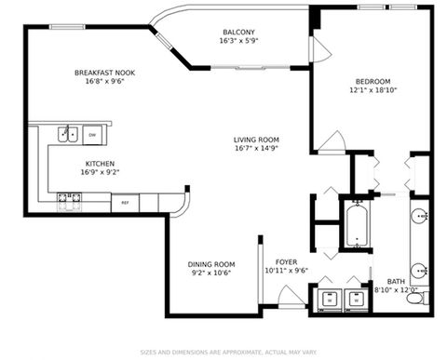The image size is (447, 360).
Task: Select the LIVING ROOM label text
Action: (x=256, y=139)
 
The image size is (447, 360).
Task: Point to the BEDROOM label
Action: (x=371, y=81)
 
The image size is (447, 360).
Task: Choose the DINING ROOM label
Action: (x=211, y=263)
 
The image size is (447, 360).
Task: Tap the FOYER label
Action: (x=286, y=262)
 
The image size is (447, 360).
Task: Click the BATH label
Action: (x=397, y=281)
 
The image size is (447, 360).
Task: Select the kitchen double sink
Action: (x=67, y=134)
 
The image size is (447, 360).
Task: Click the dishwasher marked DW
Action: (x=92, y=135)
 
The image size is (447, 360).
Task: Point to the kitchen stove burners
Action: (x=69, y=198)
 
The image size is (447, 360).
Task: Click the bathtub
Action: (x=359, y=225)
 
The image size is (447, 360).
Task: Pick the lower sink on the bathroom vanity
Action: (x=420, y=272)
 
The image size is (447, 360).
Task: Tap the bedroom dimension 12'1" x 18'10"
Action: (x=371, y=90)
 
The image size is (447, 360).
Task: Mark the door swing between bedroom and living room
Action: (x=332, y=141)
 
